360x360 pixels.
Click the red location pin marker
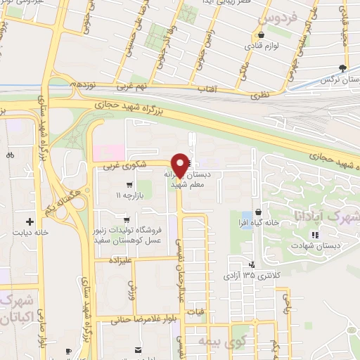(x=180, y=165)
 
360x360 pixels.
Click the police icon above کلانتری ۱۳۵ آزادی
(x=252, y=265)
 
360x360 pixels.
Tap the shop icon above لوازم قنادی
(x=261, y=34)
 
